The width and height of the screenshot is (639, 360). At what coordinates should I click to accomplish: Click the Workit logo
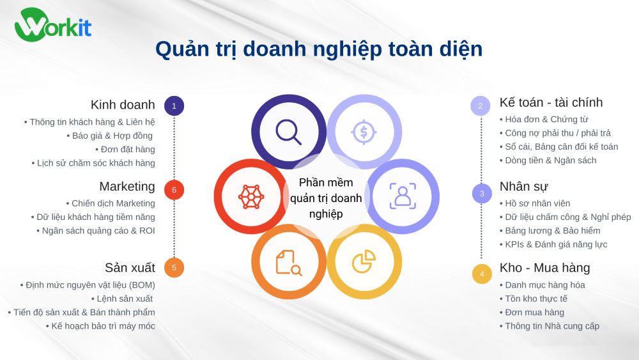(53, 26)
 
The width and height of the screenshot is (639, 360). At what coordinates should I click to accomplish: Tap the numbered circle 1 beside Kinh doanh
(174, 106)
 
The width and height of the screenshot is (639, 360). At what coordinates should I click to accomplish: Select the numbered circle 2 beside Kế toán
(481, 106)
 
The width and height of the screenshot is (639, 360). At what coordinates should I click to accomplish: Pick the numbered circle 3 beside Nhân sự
(482, 193)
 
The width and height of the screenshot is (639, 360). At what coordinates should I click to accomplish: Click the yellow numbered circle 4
(482, 274)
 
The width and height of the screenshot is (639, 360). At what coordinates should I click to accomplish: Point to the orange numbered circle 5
(174, 268)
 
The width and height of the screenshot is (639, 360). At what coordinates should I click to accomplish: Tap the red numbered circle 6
(174, 190)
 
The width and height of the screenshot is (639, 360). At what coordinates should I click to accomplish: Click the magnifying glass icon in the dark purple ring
(288, 132)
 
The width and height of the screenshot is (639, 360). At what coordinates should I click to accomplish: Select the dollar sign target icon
(364, 132)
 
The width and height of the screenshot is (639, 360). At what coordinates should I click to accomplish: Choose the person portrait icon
(403, 196)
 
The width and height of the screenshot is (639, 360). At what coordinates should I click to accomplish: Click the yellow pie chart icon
(364, 261)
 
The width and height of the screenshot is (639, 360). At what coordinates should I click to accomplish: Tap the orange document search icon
(288, 262)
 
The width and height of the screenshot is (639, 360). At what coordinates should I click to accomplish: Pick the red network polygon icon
(250, 196)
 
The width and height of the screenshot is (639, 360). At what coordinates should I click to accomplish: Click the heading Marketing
(127, 187)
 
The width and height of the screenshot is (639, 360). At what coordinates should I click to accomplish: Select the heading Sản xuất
(130, 267)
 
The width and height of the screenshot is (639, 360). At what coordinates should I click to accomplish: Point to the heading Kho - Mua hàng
(544, 267)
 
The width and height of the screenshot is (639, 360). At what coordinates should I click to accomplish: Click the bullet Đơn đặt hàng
(128, 150)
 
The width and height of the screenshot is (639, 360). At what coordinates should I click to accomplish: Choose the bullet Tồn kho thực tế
(536, 299)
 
